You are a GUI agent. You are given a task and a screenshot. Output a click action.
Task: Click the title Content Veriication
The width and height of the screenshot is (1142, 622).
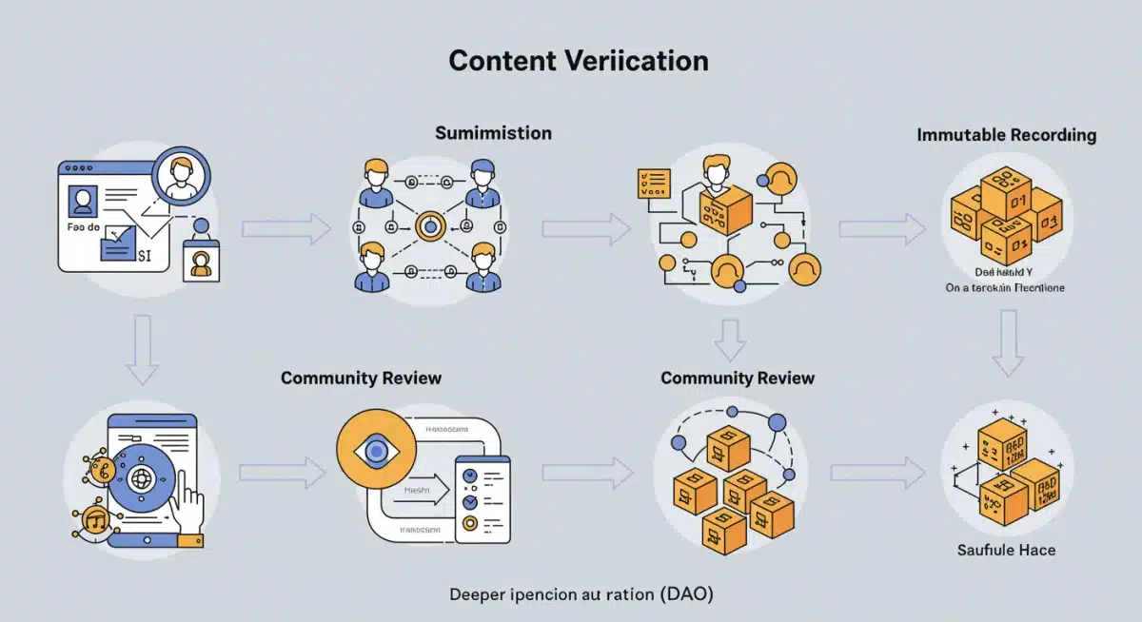tap(579, 61)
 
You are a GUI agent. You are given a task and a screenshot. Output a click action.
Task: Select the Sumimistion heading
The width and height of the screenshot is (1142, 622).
tap(493, 133)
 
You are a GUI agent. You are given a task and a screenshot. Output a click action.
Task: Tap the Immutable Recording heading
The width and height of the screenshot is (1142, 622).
tap(1006, 135)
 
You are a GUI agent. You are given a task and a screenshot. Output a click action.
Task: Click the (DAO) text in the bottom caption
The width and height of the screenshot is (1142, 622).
tap(685, 594)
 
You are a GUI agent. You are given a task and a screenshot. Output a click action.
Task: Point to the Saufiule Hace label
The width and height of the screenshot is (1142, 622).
tap(1006, 550)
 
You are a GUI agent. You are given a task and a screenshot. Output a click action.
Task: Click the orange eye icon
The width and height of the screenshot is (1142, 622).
tap(376, 449)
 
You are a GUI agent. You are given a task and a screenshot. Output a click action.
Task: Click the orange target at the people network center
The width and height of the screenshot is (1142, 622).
tap(430, 226)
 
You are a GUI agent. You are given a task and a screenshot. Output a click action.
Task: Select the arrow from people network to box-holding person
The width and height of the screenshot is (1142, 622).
tap(586, 228)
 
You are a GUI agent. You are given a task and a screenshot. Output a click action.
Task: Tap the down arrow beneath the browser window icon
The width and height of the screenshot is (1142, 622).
tap(142, 351)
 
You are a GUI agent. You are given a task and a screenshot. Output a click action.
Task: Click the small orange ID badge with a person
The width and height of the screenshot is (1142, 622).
tap(200, 262)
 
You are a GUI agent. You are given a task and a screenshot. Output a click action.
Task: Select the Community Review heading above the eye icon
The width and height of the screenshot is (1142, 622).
tap(361, 378)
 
